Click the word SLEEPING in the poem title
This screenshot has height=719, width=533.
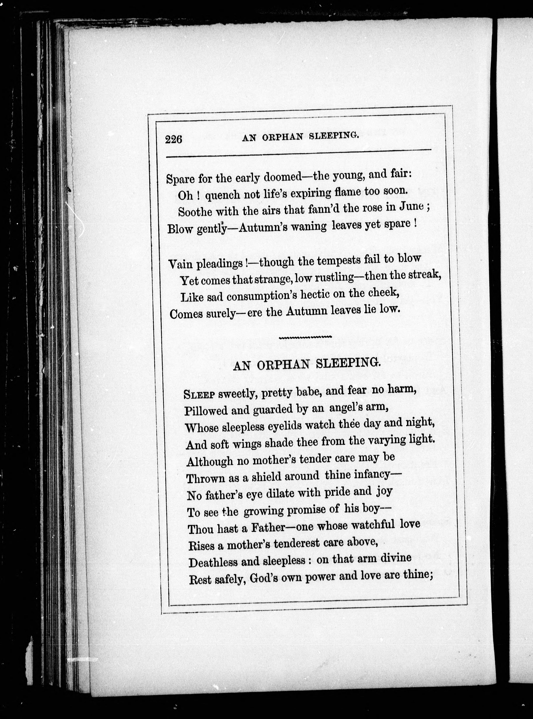coord(348,363)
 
